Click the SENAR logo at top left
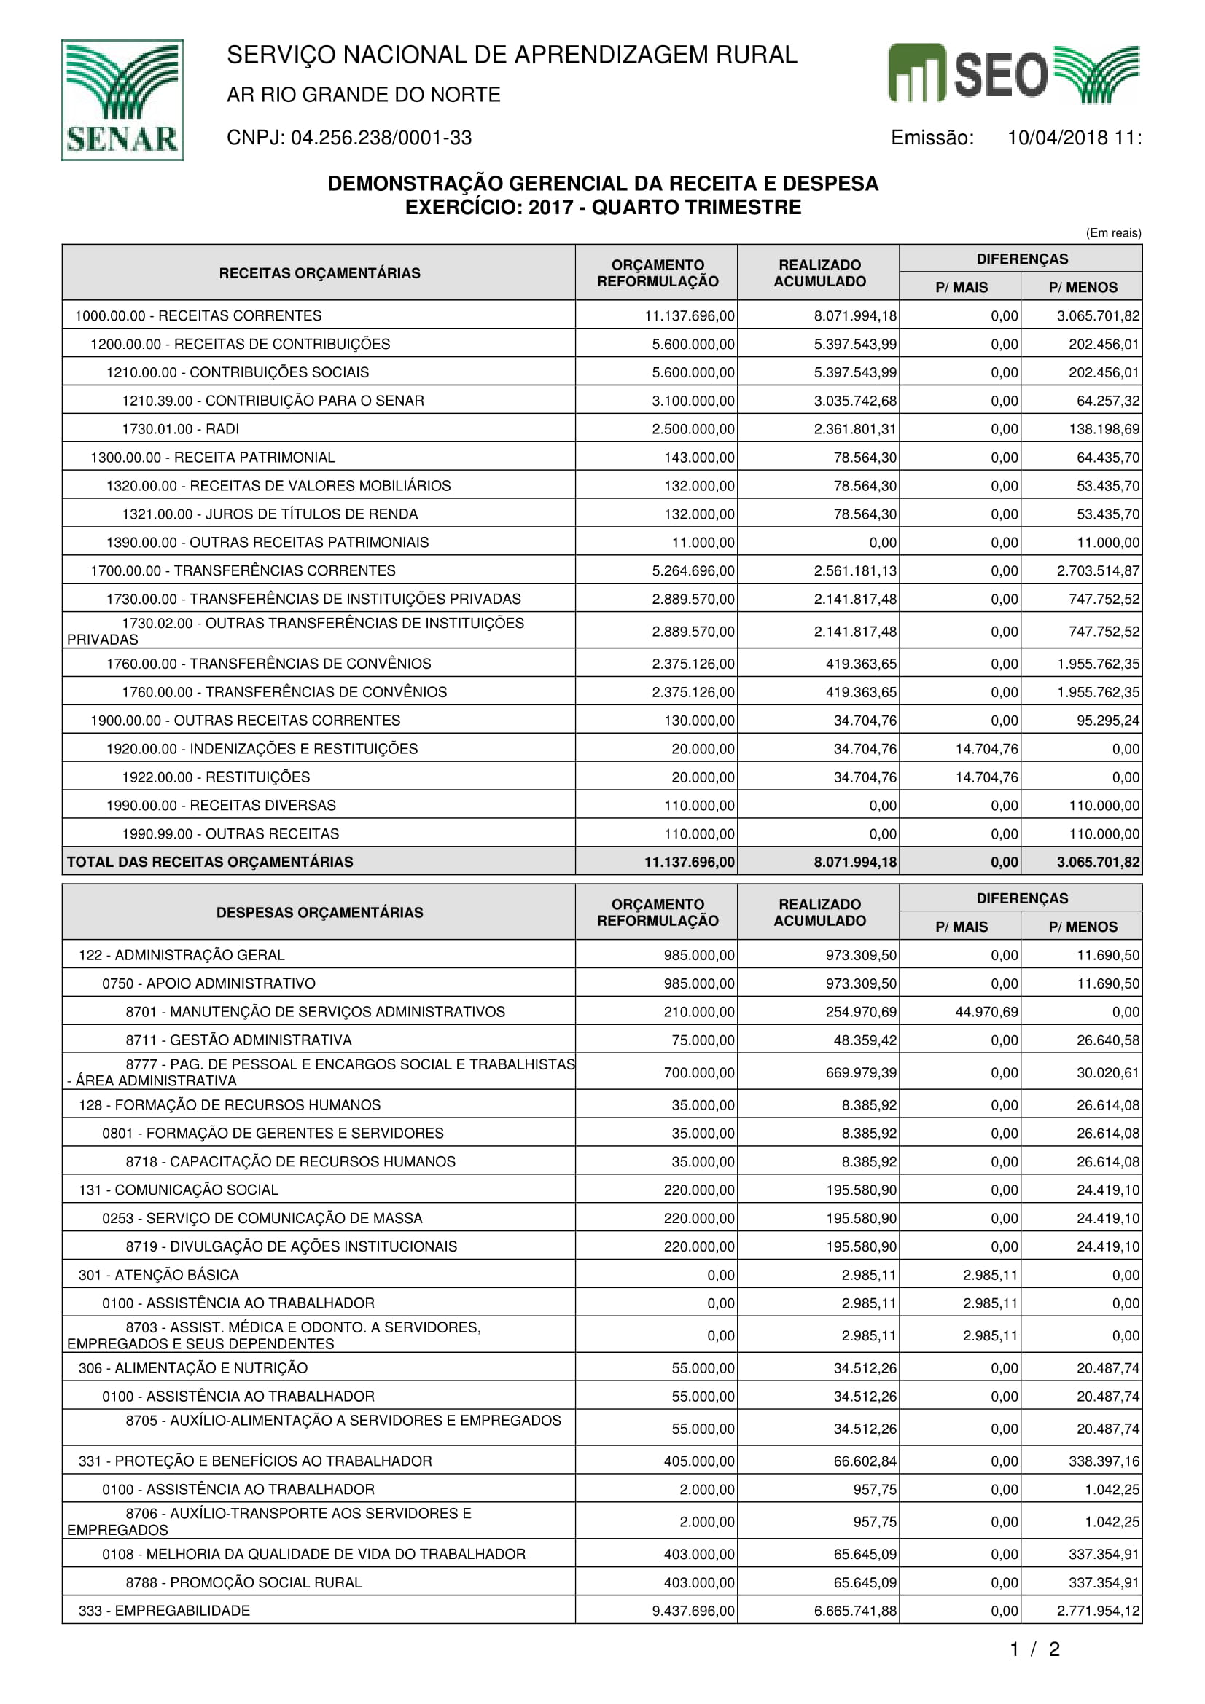pos(122,101)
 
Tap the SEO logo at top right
pos(1013,74)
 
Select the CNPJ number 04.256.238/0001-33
pos(381,138)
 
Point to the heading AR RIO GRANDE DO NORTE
pos(363,95)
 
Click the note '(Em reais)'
pos(1113,233)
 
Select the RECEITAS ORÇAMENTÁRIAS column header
pos(319,273)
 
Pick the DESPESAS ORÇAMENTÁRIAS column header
pos(319,912)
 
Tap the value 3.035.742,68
pos(854,401)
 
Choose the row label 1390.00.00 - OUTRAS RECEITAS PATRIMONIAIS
pos(268,543)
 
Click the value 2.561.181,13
pos(854,570)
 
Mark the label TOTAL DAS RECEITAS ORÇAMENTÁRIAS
pos(210,862)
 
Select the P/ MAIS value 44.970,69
pos(986,1012)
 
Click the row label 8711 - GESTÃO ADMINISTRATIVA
pos(238,1040)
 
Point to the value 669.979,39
pos(860,1072)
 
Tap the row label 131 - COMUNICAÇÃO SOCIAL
pos(178,1190)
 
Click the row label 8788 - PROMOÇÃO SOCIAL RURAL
pos(243,1582)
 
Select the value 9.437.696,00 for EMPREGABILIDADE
pos(693,1611)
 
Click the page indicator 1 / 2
pos(1034,1650)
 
